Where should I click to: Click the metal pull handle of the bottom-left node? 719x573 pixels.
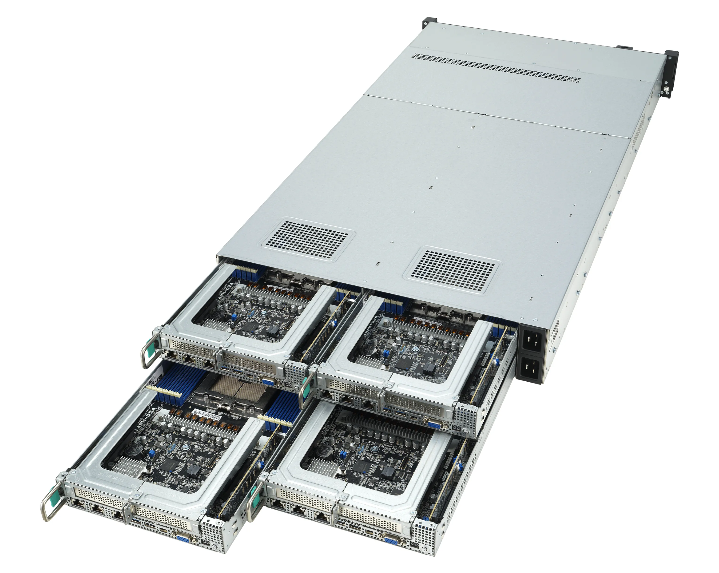(x=50, y=502)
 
